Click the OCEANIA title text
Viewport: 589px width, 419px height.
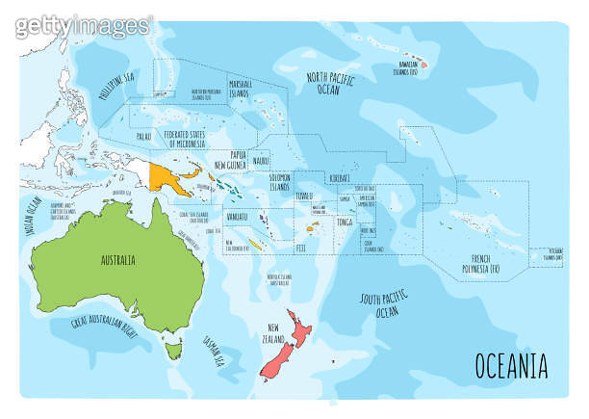[511, 366]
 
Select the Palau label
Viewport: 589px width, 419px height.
[142, 136]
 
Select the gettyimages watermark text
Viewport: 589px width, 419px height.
[83, 26]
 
